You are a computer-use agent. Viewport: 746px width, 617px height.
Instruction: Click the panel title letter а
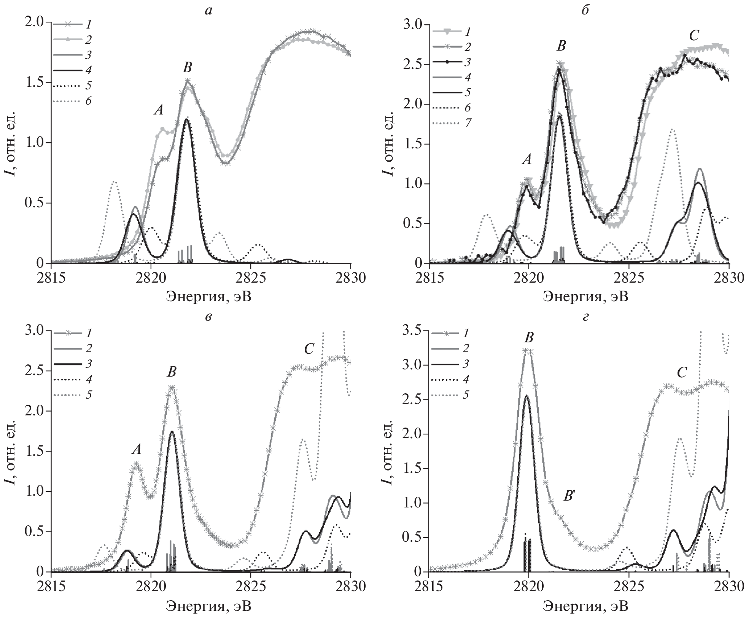click(x=208, y=11)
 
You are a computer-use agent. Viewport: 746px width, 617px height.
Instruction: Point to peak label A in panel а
click(x=159, y=110)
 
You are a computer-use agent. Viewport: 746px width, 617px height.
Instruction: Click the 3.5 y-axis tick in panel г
click(x=413, y=331)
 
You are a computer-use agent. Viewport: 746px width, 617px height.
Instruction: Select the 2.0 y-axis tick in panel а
click(x=35, y=22)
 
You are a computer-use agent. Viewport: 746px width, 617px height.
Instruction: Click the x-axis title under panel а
click(x=208, y=296)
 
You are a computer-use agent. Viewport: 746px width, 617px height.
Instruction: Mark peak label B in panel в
click(x=172, y=372)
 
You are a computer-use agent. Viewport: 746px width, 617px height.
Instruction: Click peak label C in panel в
click(x=309, y=349)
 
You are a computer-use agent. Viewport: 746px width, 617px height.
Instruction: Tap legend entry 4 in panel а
click(x=88, y=70)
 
